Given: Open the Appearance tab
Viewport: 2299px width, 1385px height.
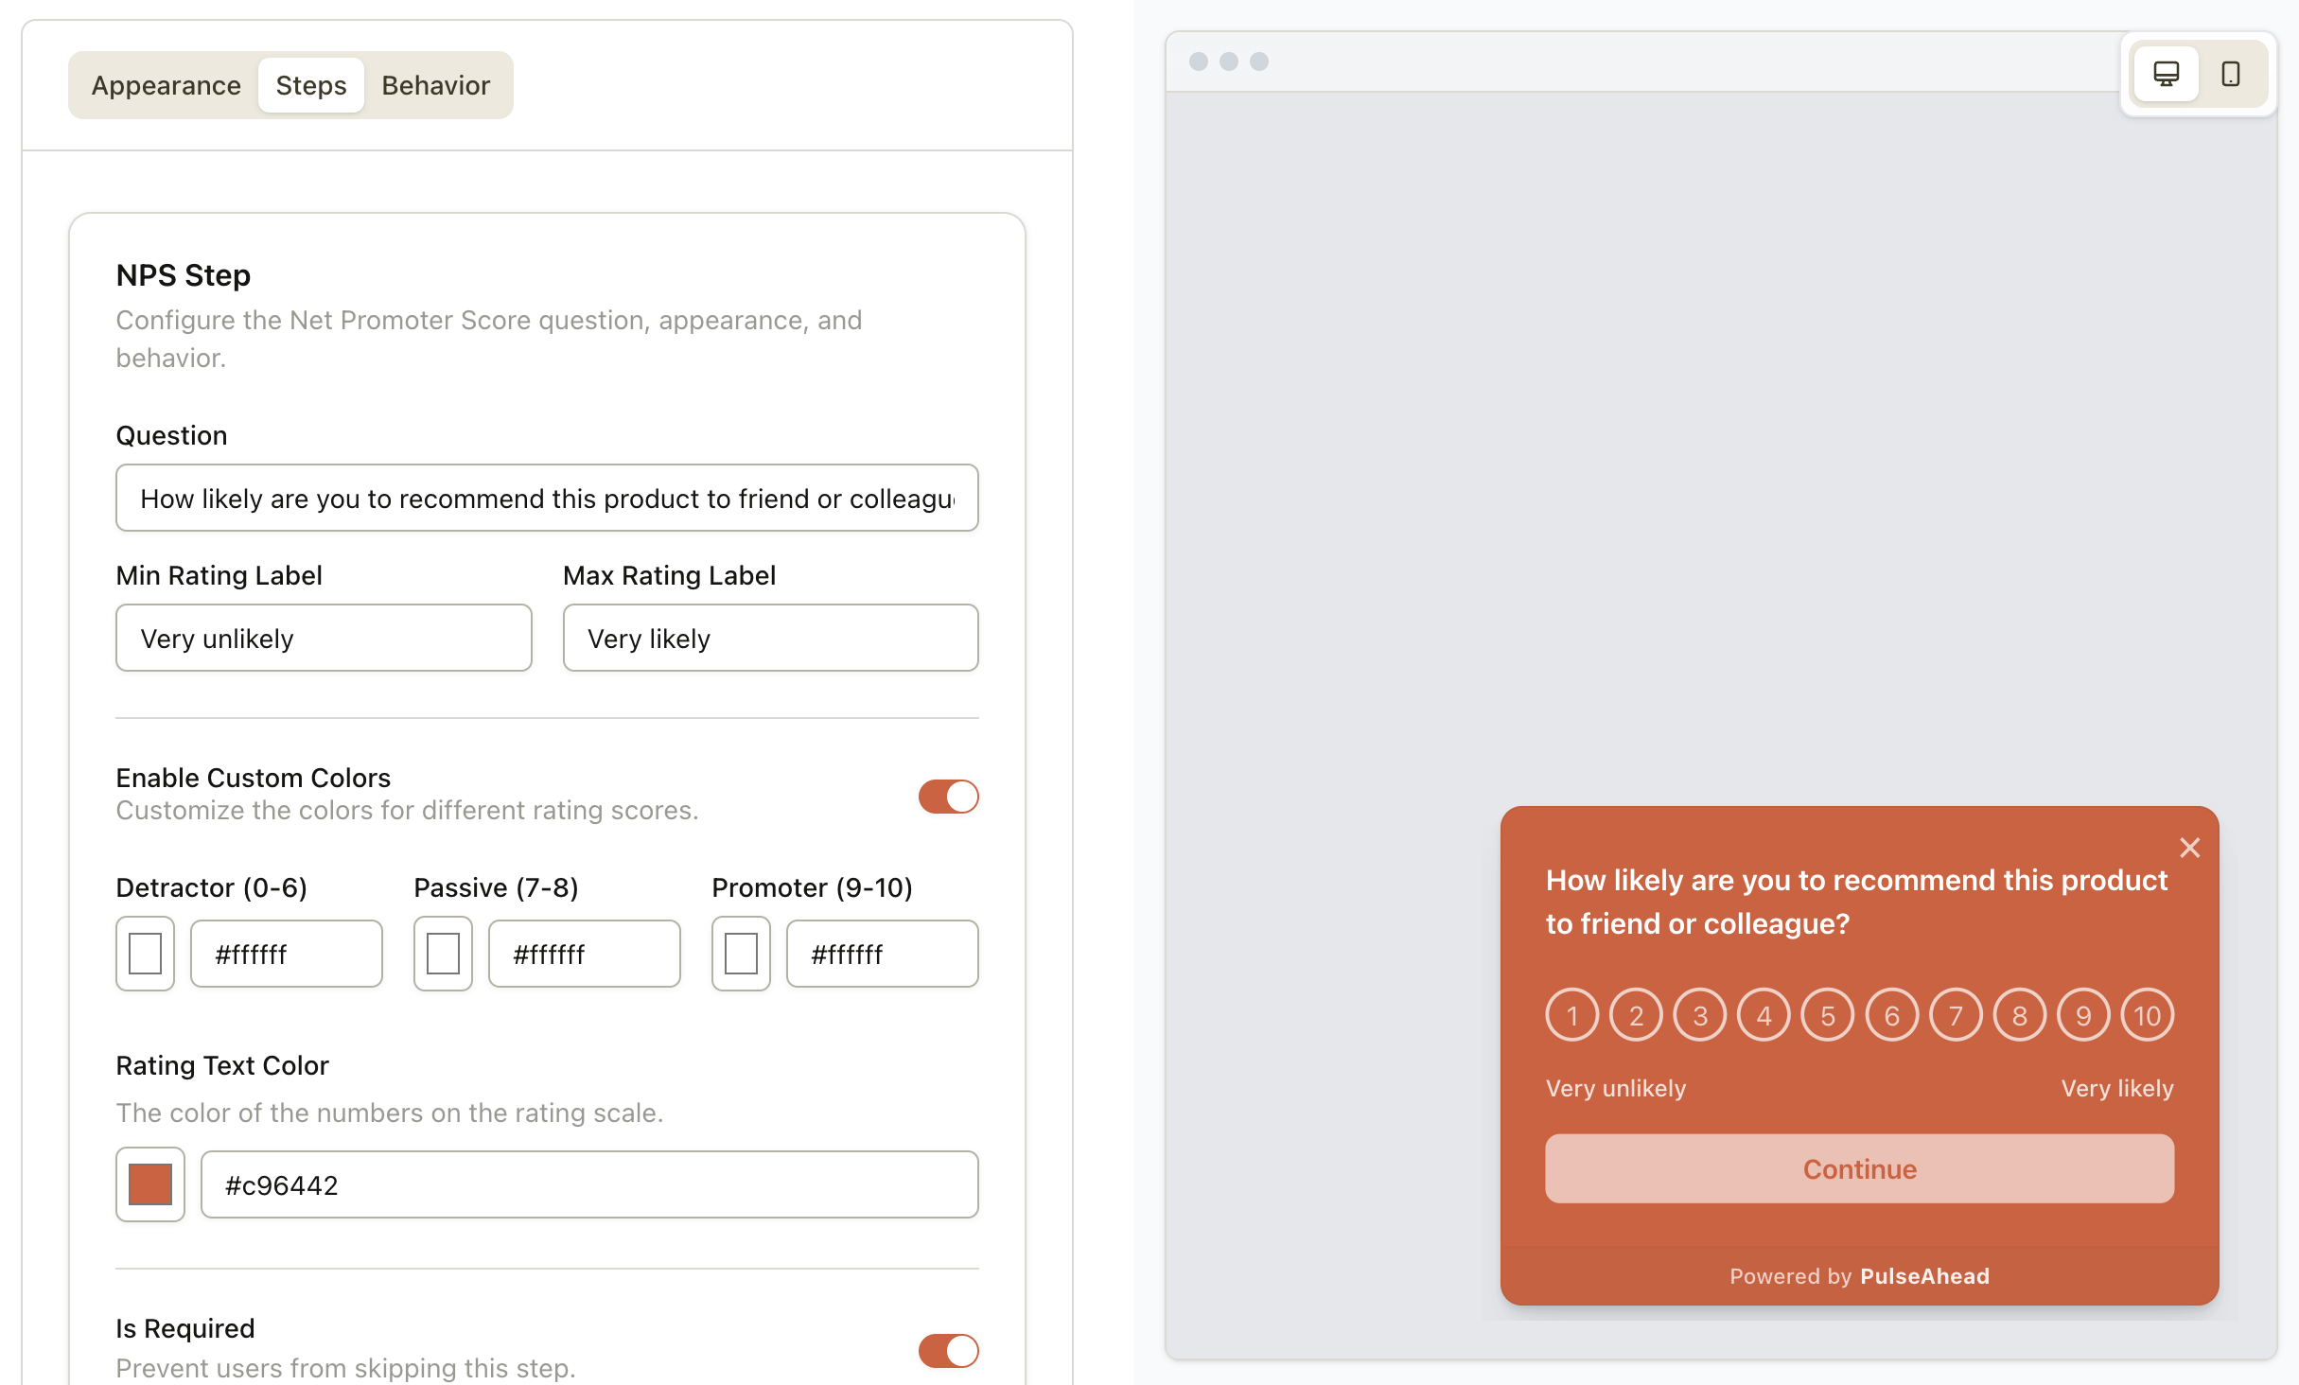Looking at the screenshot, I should [166, 85].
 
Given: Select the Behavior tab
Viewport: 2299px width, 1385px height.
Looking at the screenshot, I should [435, 85].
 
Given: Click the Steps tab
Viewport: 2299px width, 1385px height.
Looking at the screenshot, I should [311, 85].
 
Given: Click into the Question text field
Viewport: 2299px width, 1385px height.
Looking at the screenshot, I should [547, 499].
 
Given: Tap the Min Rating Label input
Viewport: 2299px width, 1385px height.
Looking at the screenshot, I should [324, 639].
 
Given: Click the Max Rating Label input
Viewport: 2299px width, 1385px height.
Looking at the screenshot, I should [770, 639].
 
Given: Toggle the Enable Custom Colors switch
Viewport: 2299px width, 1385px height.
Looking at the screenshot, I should [948, 797].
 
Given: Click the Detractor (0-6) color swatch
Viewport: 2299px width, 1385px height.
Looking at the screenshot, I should [146, 954].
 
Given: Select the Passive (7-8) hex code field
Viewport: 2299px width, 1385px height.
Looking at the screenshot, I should [584, 954].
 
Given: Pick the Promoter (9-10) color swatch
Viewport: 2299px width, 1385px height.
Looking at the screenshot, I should [741, 954].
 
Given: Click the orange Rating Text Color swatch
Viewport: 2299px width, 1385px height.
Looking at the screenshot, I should [150, 1184].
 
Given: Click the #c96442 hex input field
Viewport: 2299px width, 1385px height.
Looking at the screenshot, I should [588, 1184].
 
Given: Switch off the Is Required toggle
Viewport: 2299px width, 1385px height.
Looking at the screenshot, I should [948, 1351].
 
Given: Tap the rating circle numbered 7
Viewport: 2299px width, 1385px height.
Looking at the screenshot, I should [1956, 1016].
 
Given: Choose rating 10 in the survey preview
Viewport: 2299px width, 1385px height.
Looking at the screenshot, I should [2148, 1016].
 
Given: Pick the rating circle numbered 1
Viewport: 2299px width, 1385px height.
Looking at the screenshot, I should [1572, 1016].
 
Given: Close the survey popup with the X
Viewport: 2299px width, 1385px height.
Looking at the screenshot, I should [2189, 848].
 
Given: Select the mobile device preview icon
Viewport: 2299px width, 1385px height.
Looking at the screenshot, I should [2231, 74].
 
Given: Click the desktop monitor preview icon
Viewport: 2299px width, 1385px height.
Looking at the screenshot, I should [2166, 74].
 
